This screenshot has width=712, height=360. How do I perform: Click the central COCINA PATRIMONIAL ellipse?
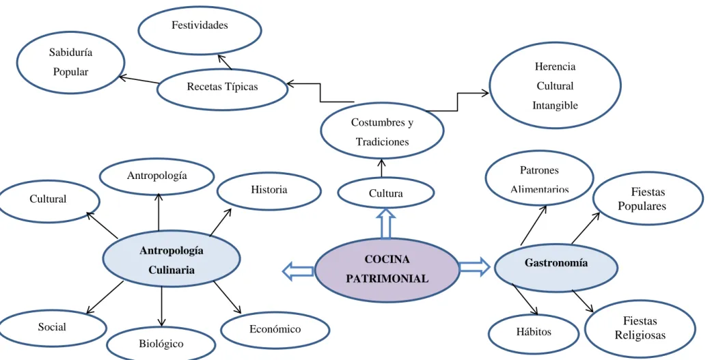click(x=387, y=270)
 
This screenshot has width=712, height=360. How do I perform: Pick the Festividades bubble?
click(x=200, y=30)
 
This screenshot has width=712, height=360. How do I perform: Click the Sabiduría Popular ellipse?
click(x=70, y=62)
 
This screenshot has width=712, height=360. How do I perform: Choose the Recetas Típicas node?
click(x=223, y=89)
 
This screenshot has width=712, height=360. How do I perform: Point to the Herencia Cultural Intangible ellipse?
click(x=555, y=85)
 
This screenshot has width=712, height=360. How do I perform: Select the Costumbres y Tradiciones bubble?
click(x=383, y=130)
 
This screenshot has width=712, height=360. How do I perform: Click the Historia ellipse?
click(x=269, y=191)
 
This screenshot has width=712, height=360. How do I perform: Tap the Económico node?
click(x=275, y=330)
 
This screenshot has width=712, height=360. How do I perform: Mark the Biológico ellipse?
click(x=161, y=344)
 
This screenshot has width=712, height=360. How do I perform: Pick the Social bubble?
click(x=53, y=328)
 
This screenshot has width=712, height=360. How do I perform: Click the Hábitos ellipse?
click(x=534, y=333)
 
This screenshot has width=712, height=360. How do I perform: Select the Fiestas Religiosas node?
click(x=640, y=329)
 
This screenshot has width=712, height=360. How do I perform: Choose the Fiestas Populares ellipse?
click(x=648, y=198)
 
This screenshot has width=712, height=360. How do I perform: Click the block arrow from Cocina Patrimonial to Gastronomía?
click(x=474, y=266)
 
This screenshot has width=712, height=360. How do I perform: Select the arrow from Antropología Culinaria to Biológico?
click(x=162, y=307)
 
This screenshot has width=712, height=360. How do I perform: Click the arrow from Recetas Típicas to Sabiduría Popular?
click(x=139, y=80)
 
